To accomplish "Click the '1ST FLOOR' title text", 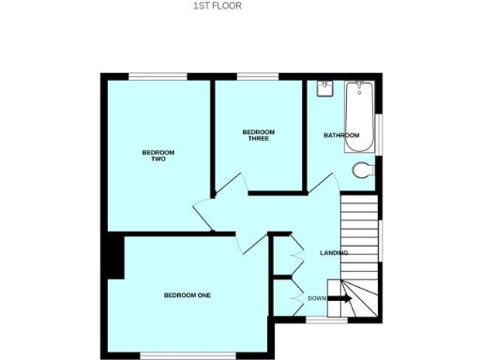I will click(217, 6).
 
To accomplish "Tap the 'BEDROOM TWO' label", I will click(158, 156).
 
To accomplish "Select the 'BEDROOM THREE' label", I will click(258, 135).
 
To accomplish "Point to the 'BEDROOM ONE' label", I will click(187, 295).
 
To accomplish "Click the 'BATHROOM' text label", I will click(341, 136).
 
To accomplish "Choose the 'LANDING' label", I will click(334, 253).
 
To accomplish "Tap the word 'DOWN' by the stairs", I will click(317, 298).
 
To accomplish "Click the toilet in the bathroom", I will click(365, 170).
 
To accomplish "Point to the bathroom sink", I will click(325, 87).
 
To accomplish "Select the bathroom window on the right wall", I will click(380, 130).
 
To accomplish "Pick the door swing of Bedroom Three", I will click(232, 185).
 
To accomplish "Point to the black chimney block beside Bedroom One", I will click(114, 257).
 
